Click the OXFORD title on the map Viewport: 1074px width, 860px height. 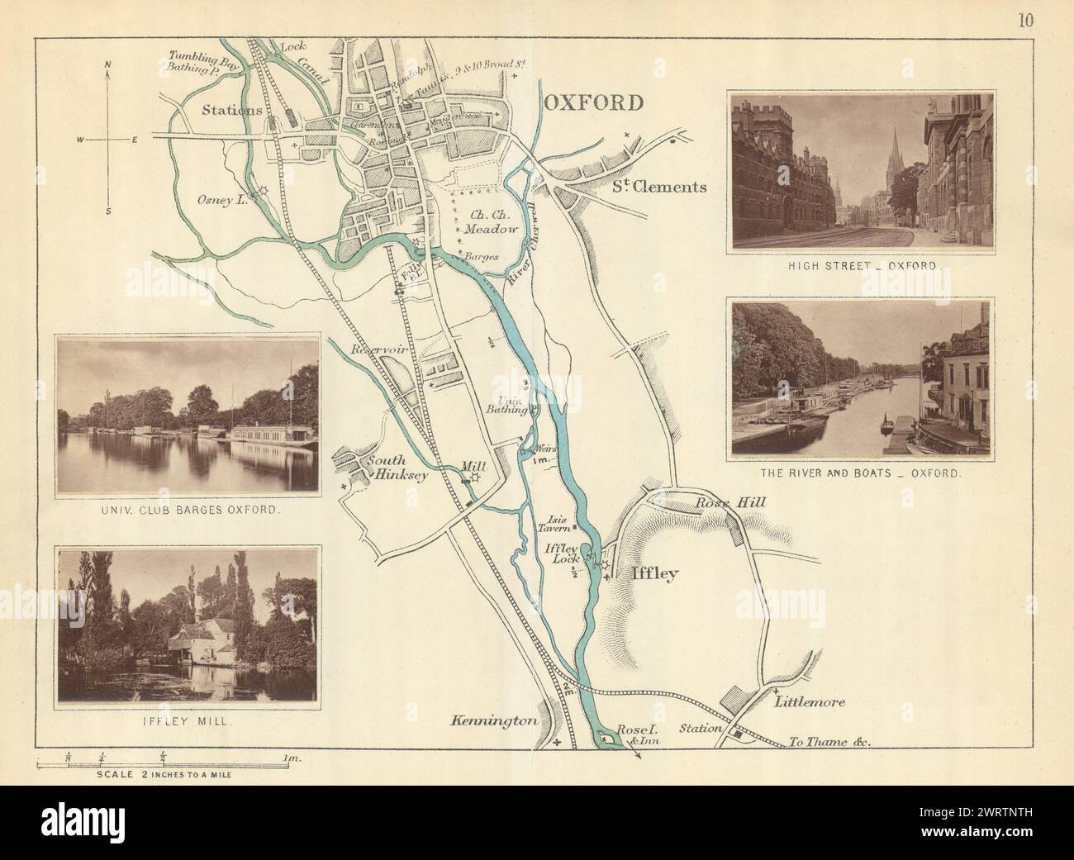[x=593, y=103]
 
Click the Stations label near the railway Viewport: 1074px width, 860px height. [x=233, y=110]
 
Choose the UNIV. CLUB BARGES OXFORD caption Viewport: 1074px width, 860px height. [x=186, y=510]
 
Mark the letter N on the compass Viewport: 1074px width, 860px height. [x=107, y=64]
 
